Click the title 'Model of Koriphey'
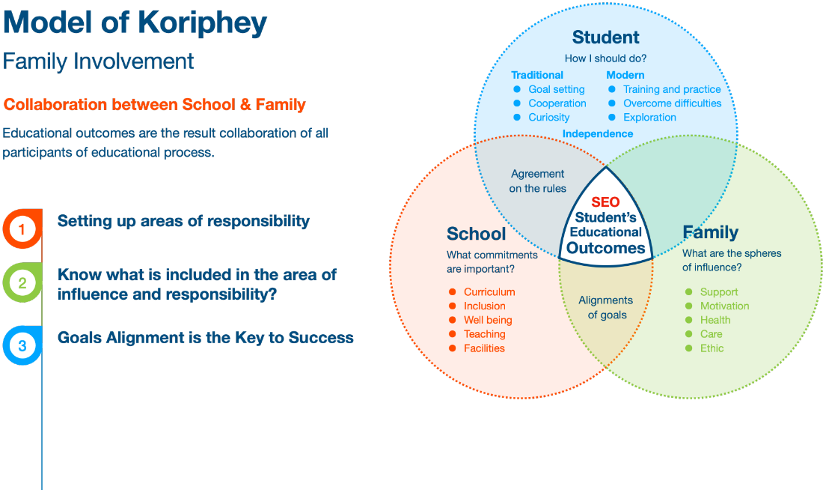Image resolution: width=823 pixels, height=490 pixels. [135, 23]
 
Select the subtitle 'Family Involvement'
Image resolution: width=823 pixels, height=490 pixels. [98, 61]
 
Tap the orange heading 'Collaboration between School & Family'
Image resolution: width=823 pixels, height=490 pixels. [155, 104]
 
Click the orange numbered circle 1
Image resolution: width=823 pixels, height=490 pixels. [22, 229]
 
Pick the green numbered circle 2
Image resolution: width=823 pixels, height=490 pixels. [22, 282]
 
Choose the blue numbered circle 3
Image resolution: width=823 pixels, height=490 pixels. [22, 345]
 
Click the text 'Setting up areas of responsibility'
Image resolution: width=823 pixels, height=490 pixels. [183, 221]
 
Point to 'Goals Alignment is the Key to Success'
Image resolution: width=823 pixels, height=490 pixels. [205, 337]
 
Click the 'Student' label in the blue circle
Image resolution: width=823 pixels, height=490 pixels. [605, 37]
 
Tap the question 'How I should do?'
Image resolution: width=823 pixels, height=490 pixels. [605, 58]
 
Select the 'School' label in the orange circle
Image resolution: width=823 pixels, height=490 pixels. [477, 234]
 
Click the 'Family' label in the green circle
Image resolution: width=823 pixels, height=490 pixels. [710, 232]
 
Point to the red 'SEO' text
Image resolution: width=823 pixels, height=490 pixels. [605, 202]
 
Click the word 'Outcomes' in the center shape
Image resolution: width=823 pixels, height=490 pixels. [605, 248]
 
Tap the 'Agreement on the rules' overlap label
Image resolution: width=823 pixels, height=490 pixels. [537, 181]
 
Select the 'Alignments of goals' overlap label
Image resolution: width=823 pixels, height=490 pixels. [605, 307]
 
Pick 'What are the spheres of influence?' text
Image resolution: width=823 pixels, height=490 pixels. [731, 260]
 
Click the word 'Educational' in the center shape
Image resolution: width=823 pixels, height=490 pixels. [605, 232]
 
